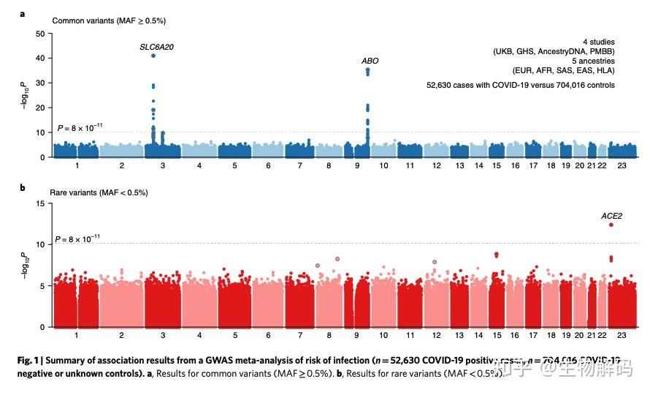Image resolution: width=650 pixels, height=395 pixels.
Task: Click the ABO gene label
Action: click(x=370, y=61)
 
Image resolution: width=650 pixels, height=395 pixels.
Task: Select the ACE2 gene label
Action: click(x=611, y=216)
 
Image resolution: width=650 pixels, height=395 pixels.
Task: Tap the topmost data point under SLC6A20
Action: click(x=153, y=56)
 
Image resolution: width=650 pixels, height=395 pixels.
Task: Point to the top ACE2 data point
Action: click(x=611, y=225)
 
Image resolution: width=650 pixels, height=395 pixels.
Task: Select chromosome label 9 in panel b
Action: click(x=356, y=335)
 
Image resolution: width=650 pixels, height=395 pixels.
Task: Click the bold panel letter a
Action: click(x=23, y=13)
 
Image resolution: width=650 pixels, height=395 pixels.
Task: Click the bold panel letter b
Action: click(x=23, y=188)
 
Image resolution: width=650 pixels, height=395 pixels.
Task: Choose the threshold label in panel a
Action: click(x=80, y=129)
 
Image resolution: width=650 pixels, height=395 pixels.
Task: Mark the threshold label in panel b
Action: click(x=80, y=238)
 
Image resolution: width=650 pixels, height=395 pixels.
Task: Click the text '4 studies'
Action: click(x=598, y=42)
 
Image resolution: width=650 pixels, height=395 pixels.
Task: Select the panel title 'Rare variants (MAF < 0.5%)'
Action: click(x=99, y=192)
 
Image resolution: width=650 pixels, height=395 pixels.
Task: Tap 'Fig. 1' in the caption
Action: click(x=32, y=360)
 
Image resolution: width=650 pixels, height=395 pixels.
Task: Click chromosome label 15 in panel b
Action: click(x=497, y=335)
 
